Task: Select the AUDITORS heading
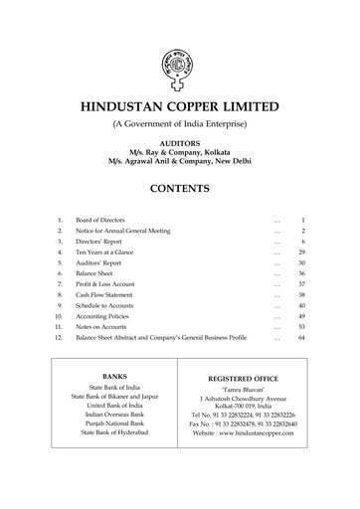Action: tap(180, 142)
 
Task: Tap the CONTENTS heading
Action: tap(180, 187)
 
